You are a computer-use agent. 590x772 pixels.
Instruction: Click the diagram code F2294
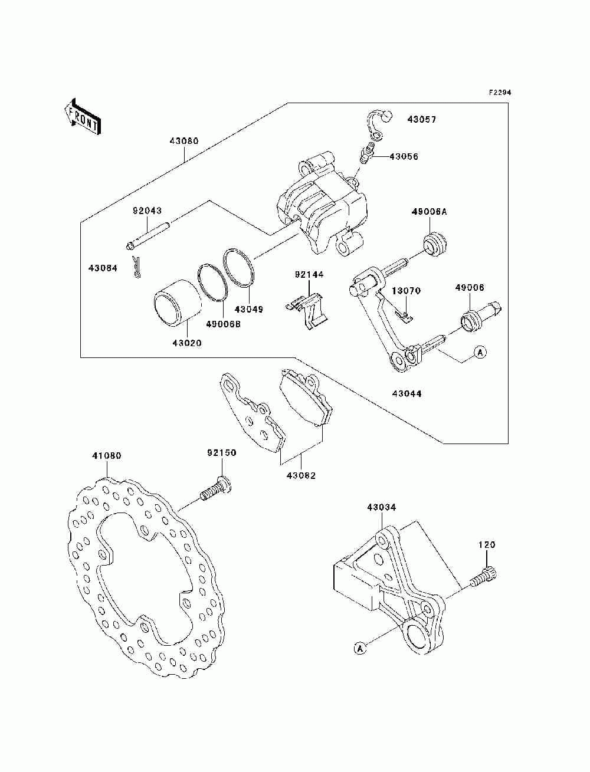click(499, 93)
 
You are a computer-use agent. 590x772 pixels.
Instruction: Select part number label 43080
click(184, 141)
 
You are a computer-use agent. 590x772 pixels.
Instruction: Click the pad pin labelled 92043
click(148, 235)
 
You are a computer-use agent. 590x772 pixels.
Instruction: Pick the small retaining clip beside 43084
click(136, 267)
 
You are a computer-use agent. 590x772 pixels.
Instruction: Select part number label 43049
click(249, 310)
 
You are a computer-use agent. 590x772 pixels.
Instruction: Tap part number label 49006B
click(224, 324)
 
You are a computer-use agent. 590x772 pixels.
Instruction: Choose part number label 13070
click(407, 291)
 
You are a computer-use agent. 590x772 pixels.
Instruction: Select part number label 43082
click(301, 476)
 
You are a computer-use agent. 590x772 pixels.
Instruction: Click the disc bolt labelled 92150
click(215, 488)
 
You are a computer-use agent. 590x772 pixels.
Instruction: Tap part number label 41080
click(107, 456)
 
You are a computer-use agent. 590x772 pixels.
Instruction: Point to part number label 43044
click(407, 393)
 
